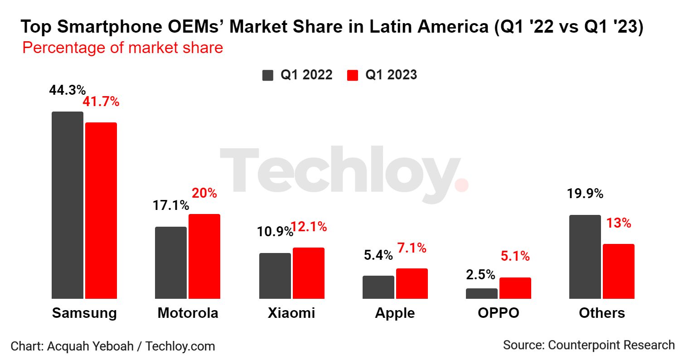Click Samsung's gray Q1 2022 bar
[x=68, y=205]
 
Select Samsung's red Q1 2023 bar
[x=101, y=210]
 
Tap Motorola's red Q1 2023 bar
[x=204, y=256]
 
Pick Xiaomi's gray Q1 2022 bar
[x=275, y=276]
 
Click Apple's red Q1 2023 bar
[x=412, y=283]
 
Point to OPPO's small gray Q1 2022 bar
[x=482, y=293]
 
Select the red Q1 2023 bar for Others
[x=619, y=271]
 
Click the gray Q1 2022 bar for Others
[x=585, y=257]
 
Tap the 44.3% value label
[x=67, y=90]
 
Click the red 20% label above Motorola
[x=204, y=193]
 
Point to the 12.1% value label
[x=309, y=227]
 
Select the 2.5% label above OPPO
[x=480, y=274]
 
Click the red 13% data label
[x=619, y=223]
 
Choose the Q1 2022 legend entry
[x=298, y=75]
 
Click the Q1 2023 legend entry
[x=382, y=75]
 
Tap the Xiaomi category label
[x=291, y=313]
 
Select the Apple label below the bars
[x=395, y=313]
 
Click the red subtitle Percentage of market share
[x=122, y=48]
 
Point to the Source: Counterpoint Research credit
[x=589, y=345]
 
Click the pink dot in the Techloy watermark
[x=461, y=185]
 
